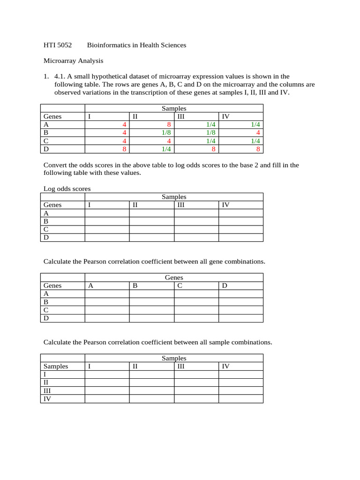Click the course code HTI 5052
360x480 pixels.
click(x=58, y=45)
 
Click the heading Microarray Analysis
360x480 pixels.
click(x=73, y=61)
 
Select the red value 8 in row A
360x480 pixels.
click(x=169, y=125)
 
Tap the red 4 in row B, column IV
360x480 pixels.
click(x=258, y=133)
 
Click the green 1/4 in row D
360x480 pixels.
click(x=165, y=149)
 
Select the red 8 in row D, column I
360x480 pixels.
click(x=124, y=149)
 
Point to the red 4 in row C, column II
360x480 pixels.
click(x=169, y=141)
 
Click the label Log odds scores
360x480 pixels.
click(x=67, y=189)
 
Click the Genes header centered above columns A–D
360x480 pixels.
click(x=174, y=278)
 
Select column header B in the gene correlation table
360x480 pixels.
click(x=135, y=286)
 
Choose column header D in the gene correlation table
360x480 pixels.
click(x=225, y=286)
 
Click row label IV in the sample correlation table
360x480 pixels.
click(x=47, y=399)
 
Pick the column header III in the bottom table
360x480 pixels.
click(x=180, y=367)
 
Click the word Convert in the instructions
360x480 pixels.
click(x=55, y=165)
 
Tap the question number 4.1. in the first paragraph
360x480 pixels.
click(x=60, y=76)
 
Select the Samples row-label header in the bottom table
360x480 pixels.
click(x=56, y=367)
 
